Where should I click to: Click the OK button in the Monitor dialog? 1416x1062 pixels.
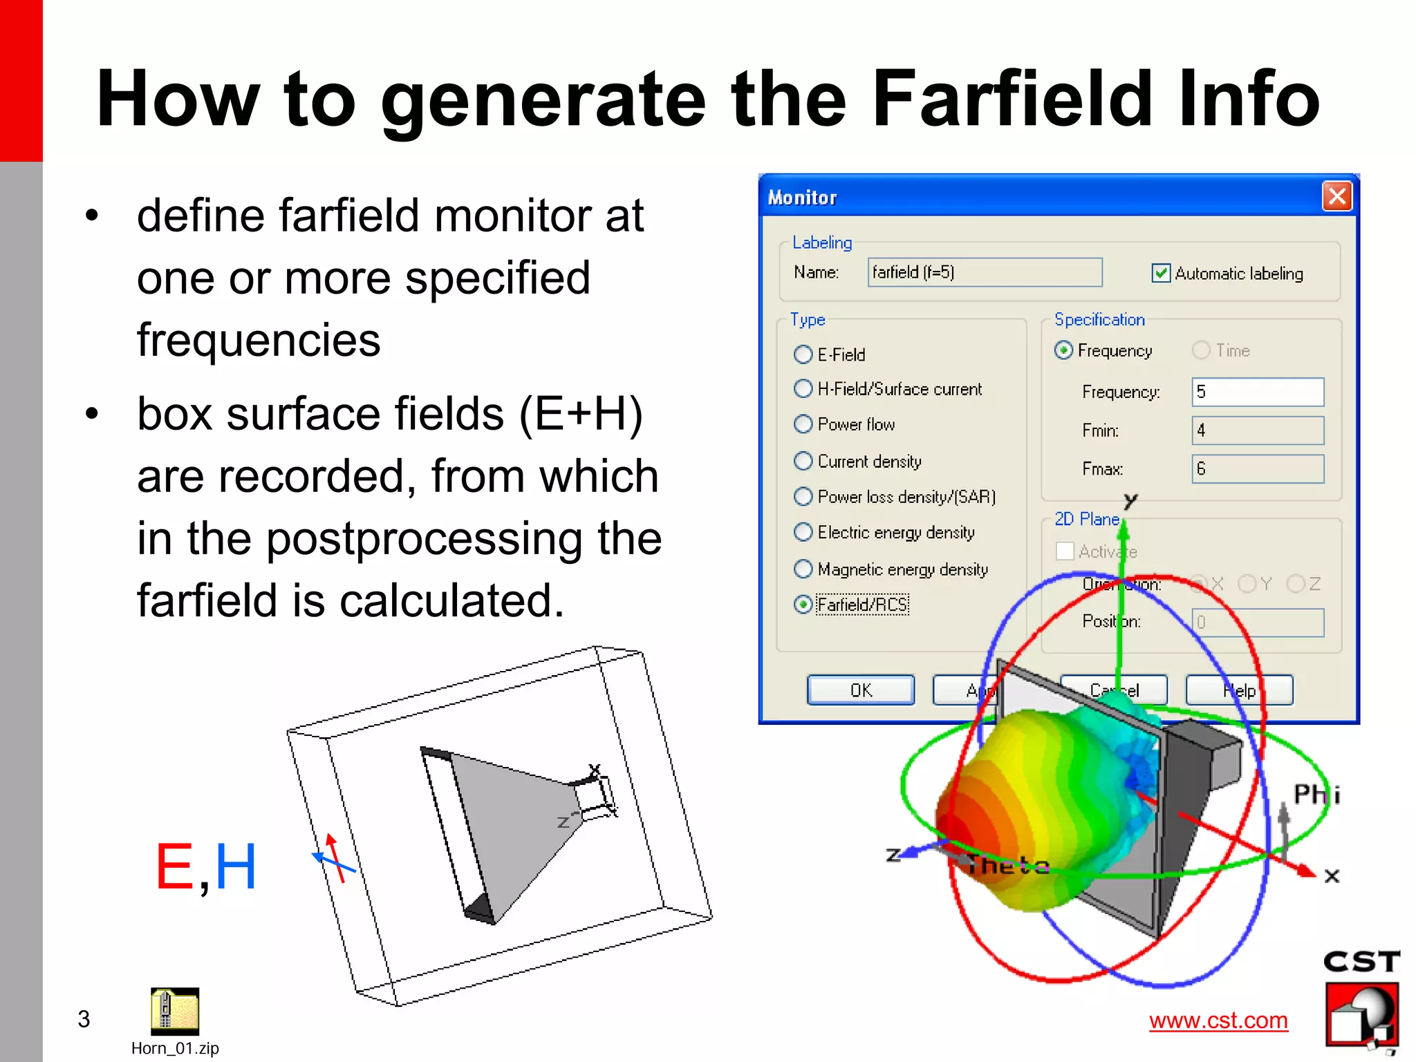coord(860,690)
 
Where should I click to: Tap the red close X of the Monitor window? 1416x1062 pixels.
coord(1337,197)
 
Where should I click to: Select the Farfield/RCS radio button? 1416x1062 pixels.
coord(803,605)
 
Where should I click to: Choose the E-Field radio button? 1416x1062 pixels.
coord(803,354)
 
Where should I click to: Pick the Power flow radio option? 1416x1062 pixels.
coord(803,424)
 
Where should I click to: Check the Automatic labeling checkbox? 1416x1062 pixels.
coord(1161,274)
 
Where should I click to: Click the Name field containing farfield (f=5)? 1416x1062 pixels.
coord(985,272)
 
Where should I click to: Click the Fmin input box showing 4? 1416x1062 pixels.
coord(1257,430)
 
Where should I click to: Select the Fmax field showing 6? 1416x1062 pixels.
coord(1257,469)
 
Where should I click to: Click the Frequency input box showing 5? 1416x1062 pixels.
coord(1257,392)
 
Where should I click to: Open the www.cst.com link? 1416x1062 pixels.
coord(1218,1021)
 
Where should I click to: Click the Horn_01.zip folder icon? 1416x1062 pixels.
coord(174,1011)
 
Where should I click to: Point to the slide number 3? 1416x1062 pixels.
coord(84,1019)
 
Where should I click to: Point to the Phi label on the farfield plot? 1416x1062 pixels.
coord(1316,795)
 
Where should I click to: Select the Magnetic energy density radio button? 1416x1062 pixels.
coord(803,569)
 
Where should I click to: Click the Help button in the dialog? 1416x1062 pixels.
coord(1239,690)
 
